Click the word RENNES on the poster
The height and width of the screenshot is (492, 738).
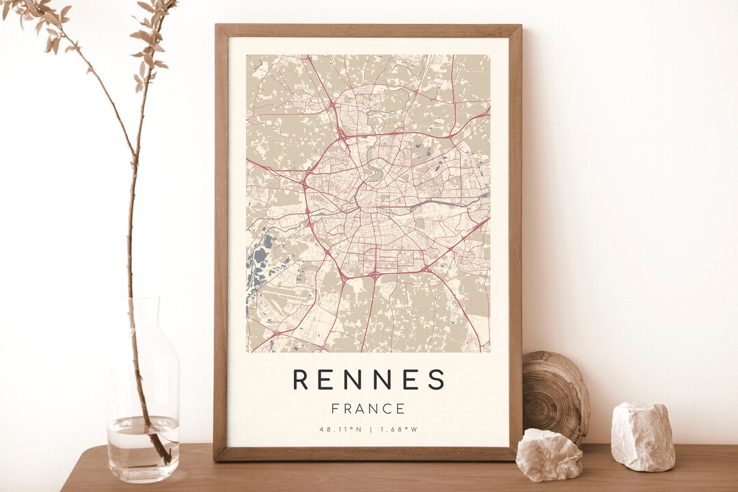click(369, 379)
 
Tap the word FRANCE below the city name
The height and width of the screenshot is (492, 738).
click(368, 409)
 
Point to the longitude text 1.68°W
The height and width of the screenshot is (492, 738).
click(399, 430)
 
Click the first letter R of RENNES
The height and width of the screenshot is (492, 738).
click(300, 379)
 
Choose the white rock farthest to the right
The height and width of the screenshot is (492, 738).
click(642, 437)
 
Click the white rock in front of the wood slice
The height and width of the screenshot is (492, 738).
click(549, 454)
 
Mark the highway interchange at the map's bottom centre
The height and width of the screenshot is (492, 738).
click(374, 275)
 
